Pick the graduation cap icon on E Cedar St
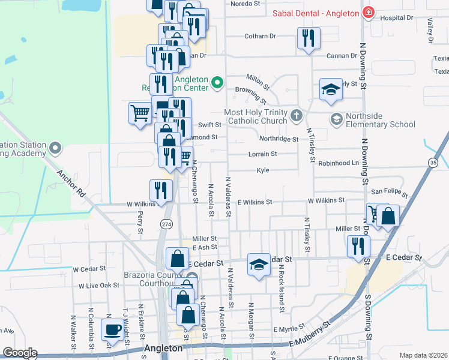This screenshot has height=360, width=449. click(x=258, y=265)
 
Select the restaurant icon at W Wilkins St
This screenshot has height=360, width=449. click(x=161, y=191)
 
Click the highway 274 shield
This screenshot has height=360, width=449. click(x=167, y=223)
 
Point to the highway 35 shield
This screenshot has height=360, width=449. click(x=433, y=163)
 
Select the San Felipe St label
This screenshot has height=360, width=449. click(x=388, y=193)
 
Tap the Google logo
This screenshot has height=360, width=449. click(x=20, y=353)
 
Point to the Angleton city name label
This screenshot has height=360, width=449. click(x=163, y=348)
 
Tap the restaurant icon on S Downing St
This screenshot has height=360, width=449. click(x=358, y=246)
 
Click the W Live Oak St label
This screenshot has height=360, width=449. click(x=100, y=286)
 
